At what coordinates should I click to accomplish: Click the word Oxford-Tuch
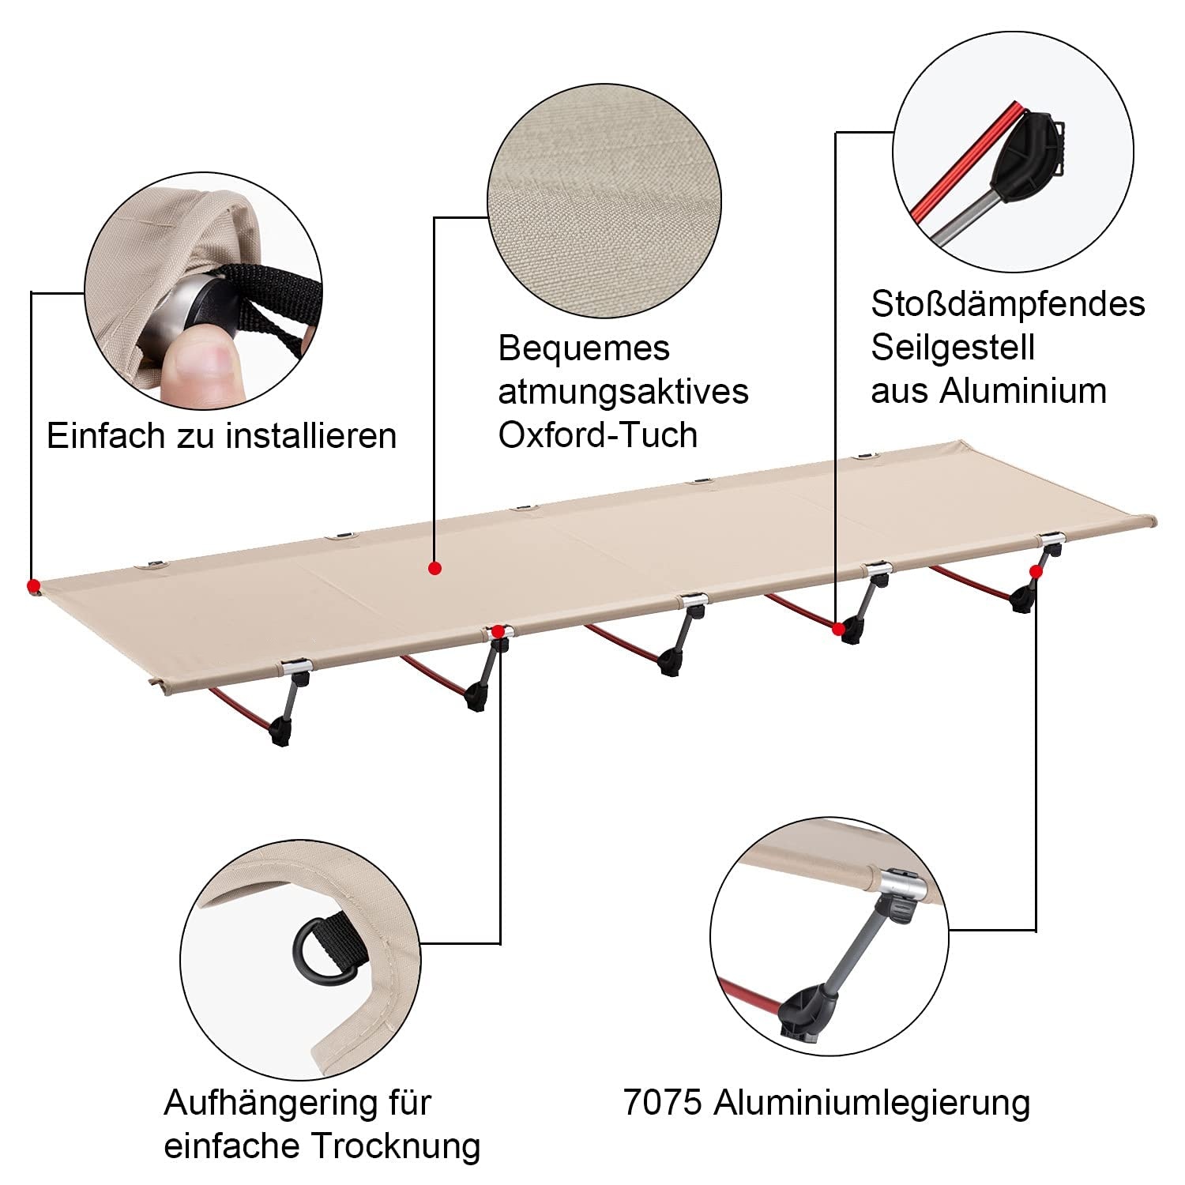[x=597, y=435]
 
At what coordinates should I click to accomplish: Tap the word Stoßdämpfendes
[x=1008, y=304]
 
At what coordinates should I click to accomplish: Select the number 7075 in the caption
[x=662, y=1102]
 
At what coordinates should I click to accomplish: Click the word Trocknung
[x=396, y=1145]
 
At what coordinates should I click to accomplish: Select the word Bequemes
[x=584, y=348]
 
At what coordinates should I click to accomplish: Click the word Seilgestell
[x=953, y=348]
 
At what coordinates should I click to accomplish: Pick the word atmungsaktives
[x=623, y=392]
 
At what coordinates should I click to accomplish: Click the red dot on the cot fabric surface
[x=434, y=567]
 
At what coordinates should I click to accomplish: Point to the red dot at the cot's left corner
[x=33, y=585]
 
